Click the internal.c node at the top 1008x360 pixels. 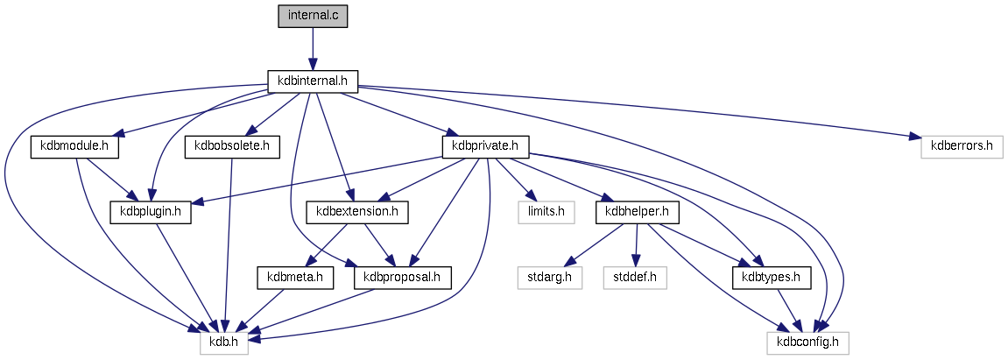click(313, 16)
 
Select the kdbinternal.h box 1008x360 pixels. click(313, 81)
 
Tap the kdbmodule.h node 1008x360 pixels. click(74, 146)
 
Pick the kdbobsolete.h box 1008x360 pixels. click(231, 146)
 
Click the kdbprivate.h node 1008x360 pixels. click(485, 146)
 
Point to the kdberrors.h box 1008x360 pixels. click(961, 146)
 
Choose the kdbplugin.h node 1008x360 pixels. click(150, 212)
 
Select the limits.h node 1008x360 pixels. click(540, 212)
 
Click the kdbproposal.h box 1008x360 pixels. click(402, 278)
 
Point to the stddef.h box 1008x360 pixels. click(635, 278)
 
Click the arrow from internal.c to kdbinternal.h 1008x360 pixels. click(313, 48)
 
